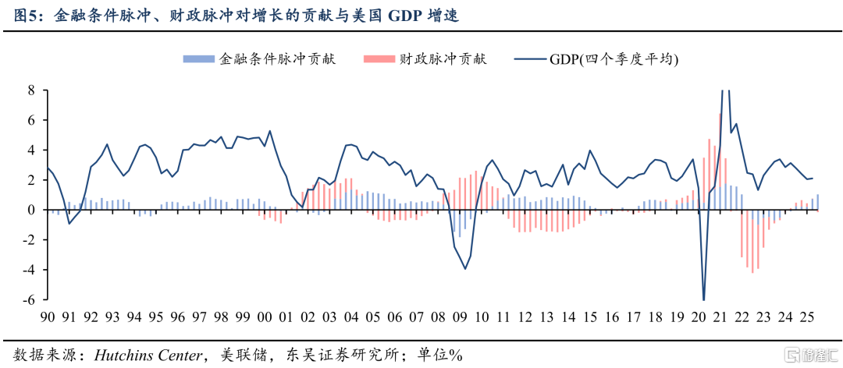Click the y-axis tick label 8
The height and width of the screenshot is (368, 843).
[x=31, y=90]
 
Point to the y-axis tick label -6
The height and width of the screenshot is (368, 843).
[x=29, y=300]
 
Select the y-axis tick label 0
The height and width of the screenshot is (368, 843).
[x=31, y=210]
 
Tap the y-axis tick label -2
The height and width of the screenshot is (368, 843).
[x=29, y=240]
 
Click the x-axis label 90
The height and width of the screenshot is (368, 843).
[x=48, y=317]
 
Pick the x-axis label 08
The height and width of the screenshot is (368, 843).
[x=438, y=317]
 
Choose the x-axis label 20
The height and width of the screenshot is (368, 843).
[x=698, y=317]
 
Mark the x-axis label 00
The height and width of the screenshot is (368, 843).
[x=265, y=317]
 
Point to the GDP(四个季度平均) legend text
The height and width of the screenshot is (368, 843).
[x=614, y=59]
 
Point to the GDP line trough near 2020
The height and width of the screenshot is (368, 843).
[x=703, y=299]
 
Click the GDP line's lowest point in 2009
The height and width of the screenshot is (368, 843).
[x=465, y=269]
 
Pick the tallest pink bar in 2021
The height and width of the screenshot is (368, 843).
[x=720, y=115]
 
